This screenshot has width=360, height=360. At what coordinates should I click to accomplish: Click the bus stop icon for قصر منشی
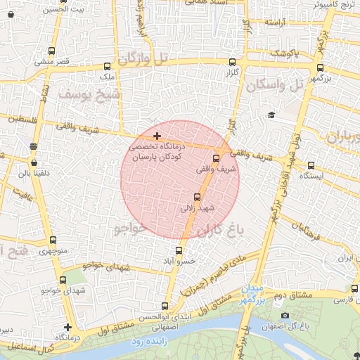tap(51, 51)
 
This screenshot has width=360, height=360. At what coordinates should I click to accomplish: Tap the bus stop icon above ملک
tap(107, 65)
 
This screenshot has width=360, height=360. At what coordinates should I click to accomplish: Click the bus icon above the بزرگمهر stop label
tap(321, 68)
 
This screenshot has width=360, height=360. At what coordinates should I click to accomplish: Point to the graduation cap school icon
tap(271, 115)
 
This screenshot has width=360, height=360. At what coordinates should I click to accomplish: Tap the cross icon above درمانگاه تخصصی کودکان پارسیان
tap(156, 135)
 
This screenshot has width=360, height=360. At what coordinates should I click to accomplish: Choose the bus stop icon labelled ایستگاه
tap(311, 166)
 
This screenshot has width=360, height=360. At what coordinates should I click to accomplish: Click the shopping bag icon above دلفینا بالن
tap(34, 162)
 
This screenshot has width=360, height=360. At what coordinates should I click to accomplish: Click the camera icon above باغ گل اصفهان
tap(285, 315)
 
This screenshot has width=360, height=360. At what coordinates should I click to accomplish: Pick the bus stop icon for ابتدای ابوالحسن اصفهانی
tap(165, 306)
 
